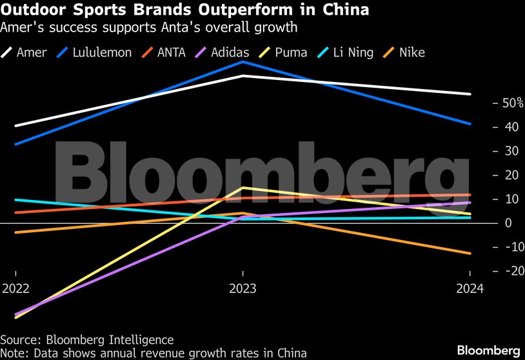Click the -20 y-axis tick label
click(505, 271)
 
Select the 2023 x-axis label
click(243, 288)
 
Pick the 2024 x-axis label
click(470, 288)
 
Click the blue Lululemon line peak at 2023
click(243, 62)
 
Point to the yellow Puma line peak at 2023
click(243, 188)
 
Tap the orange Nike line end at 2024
click(470, 254)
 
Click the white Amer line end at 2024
click(470, 94)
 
